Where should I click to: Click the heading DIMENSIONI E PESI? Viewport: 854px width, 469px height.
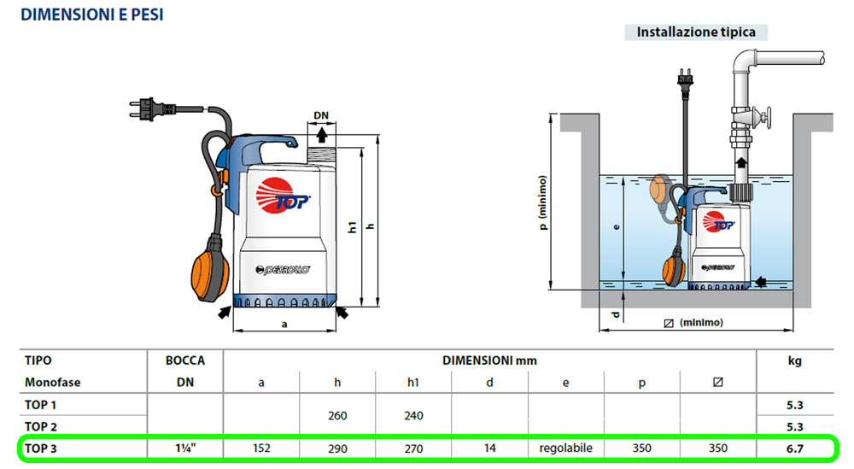pyautogui.click(x=91, y=15)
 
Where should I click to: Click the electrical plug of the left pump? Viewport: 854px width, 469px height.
pyautogui.click(x=140, y=108)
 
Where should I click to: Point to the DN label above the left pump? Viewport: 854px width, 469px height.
pyautogui.click(x=321, y=115)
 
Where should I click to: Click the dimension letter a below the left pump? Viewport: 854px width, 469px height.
pyautogui.click(x=284, y=325)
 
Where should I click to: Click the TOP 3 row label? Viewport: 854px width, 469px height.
pyautogui.click(x=41, y=448)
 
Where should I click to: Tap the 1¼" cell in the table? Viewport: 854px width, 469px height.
pyautogui.click(x=185, y=448)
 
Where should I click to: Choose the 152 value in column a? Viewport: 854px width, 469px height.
pyautogui.click(x=261, y=448)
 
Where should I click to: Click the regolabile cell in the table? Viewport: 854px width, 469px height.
pyautogui.click(x=565, y=448)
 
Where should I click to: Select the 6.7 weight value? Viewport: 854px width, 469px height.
pyautogui.click(x=795, y=448)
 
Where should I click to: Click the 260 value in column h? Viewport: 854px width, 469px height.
pyautogui.click(x=337, y=416)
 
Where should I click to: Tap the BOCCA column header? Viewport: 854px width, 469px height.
pyautogui.click(x=185, y=361)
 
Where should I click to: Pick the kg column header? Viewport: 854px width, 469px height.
pyautogui.click(x=795, y=361)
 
